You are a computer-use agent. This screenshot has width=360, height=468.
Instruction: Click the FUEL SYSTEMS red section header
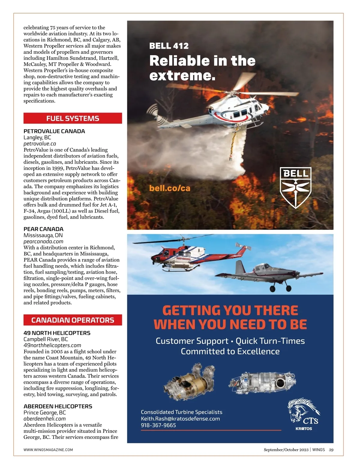[x=73, y=118]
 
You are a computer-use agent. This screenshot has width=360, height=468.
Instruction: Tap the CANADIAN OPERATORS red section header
[x=73, y=320]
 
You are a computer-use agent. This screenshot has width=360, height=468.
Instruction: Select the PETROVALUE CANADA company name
[x=54, y=131]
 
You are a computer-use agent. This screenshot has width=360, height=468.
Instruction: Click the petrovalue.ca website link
[x=40, y=144]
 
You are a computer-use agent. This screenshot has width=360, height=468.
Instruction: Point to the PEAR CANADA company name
[x=43, y=229]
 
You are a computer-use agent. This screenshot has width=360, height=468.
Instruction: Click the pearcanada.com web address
[x=43, y=241]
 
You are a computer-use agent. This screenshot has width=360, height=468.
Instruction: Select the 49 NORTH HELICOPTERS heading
[x=57, y=333]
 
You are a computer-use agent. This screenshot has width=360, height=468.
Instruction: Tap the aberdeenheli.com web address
[x=44, y=419]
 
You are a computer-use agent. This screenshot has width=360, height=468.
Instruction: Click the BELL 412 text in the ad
[x=169, y=46]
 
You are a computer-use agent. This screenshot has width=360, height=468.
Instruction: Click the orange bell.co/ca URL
[x=170, y=188]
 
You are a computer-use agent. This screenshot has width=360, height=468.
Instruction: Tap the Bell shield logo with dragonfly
[x=295, y=187]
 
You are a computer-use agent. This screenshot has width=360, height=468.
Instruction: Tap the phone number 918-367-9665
[x=158, y=425]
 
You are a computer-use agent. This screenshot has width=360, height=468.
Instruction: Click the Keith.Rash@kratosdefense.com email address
[x=180, y=419]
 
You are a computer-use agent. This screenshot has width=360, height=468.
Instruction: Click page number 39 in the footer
[x=331, y=450]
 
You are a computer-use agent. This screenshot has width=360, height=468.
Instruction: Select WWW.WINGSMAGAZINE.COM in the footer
[x=48, y=450]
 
